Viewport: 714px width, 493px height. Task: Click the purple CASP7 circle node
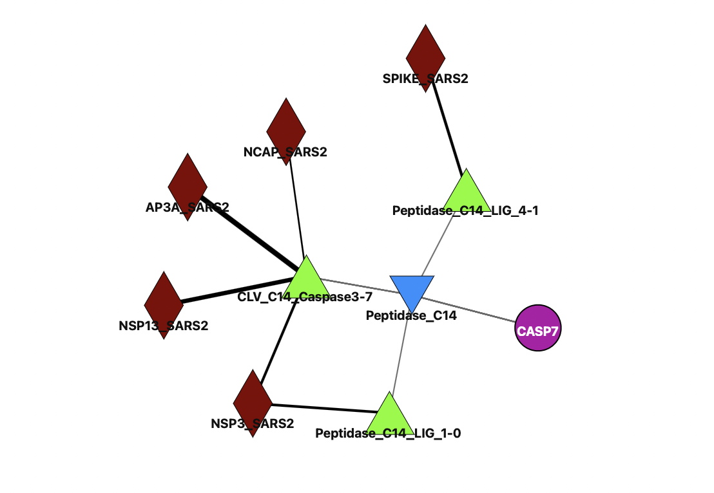(x=537, y=328)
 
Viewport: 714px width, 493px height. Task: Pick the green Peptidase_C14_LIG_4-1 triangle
(x=466, y=192)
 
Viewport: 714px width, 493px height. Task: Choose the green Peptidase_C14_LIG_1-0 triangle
(x=389, y=414)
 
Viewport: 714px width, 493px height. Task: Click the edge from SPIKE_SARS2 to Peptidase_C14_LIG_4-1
(x=447, y=128)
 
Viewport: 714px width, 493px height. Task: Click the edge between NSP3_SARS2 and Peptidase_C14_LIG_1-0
(x=322, y=408)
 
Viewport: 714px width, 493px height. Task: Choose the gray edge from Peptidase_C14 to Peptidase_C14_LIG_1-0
(x=400, y=354)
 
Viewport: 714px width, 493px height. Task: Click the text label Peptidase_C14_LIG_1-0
(x=388, y=434)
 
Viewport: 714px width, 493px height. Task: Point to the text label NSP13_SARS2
(x=164, y=326)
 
